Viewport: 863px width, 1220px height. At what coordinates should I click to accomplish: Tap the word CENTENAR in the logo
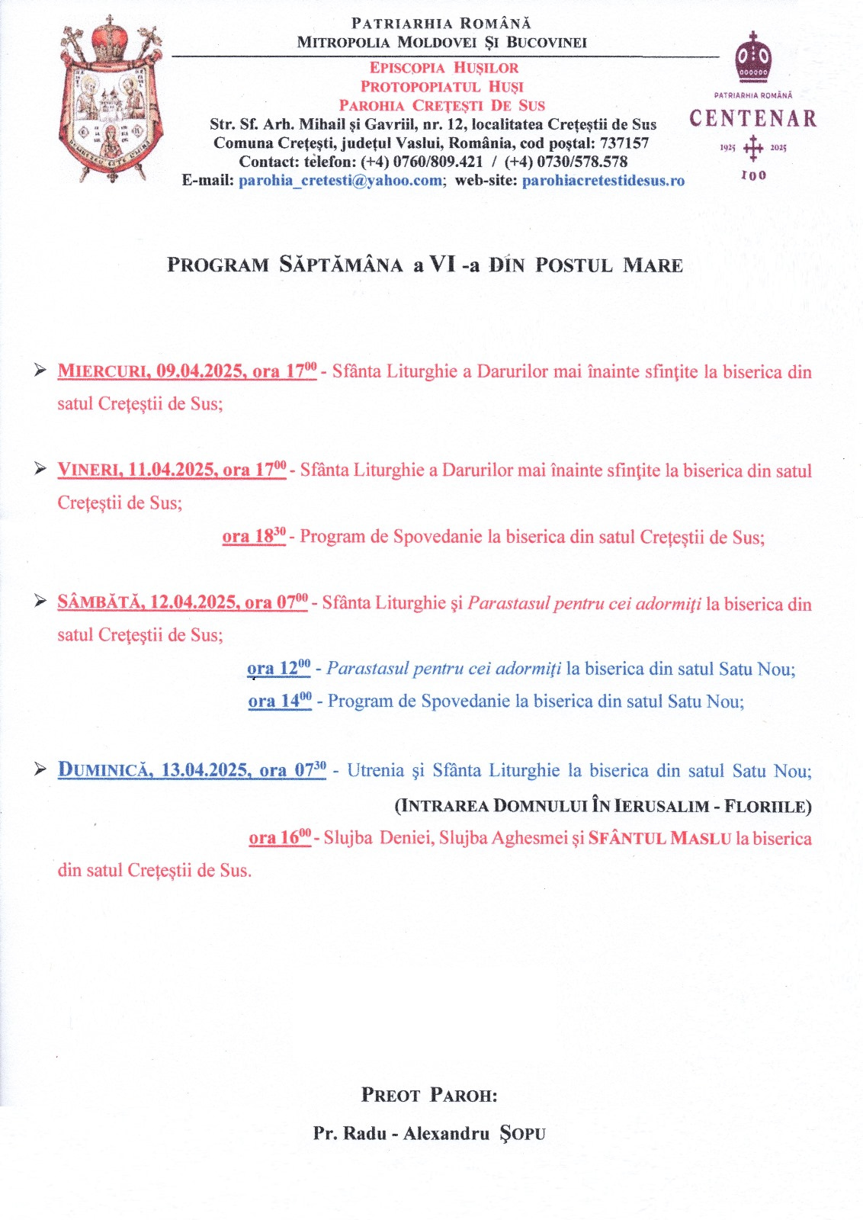tap(752, 119)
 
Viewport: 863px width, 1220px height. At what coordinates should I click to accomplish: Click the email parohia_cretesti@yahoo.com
tap(340, 181)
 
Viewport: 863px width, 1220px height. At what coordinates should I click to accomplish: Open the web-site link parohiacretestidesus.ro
tap(603, 181)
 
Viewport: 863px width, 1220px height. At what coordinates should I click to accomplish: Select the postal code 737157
tap(624, 143)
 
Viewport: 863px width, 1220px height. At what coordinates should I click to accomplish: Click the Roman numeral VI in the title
tap(442, 265)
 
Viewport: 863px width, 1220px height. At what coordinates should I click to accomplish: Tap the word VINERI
tap(89, 470)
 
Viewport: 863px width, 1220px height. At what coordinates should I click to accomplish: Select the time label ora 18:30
tap(254, 536)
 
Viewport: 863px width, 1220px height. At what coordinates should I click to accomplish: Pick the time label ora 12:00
tap(278, 669)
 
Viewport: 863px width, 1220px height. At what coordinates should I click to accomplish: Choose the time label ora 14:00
tap(280, 701)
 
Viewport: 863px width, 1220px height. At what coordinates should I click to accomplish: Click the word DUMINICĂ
tap(104, 770)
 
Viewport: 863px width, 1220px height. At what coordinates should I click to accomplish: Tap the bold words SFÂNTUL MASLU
tap(659, 838)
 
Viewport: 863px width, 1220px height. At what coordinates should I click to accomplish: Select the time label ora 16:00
tap(280, 837)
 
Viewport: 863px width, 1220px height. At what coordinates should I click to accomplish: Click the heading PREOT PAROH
tap(428, 1096)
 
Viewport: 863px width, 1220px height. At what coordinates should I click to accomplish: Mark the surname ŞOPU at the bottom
tap(522, 1134)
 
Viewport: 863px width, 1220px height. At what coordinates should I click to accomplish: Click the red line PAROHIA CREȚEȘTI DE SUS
tap(441, 105)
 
